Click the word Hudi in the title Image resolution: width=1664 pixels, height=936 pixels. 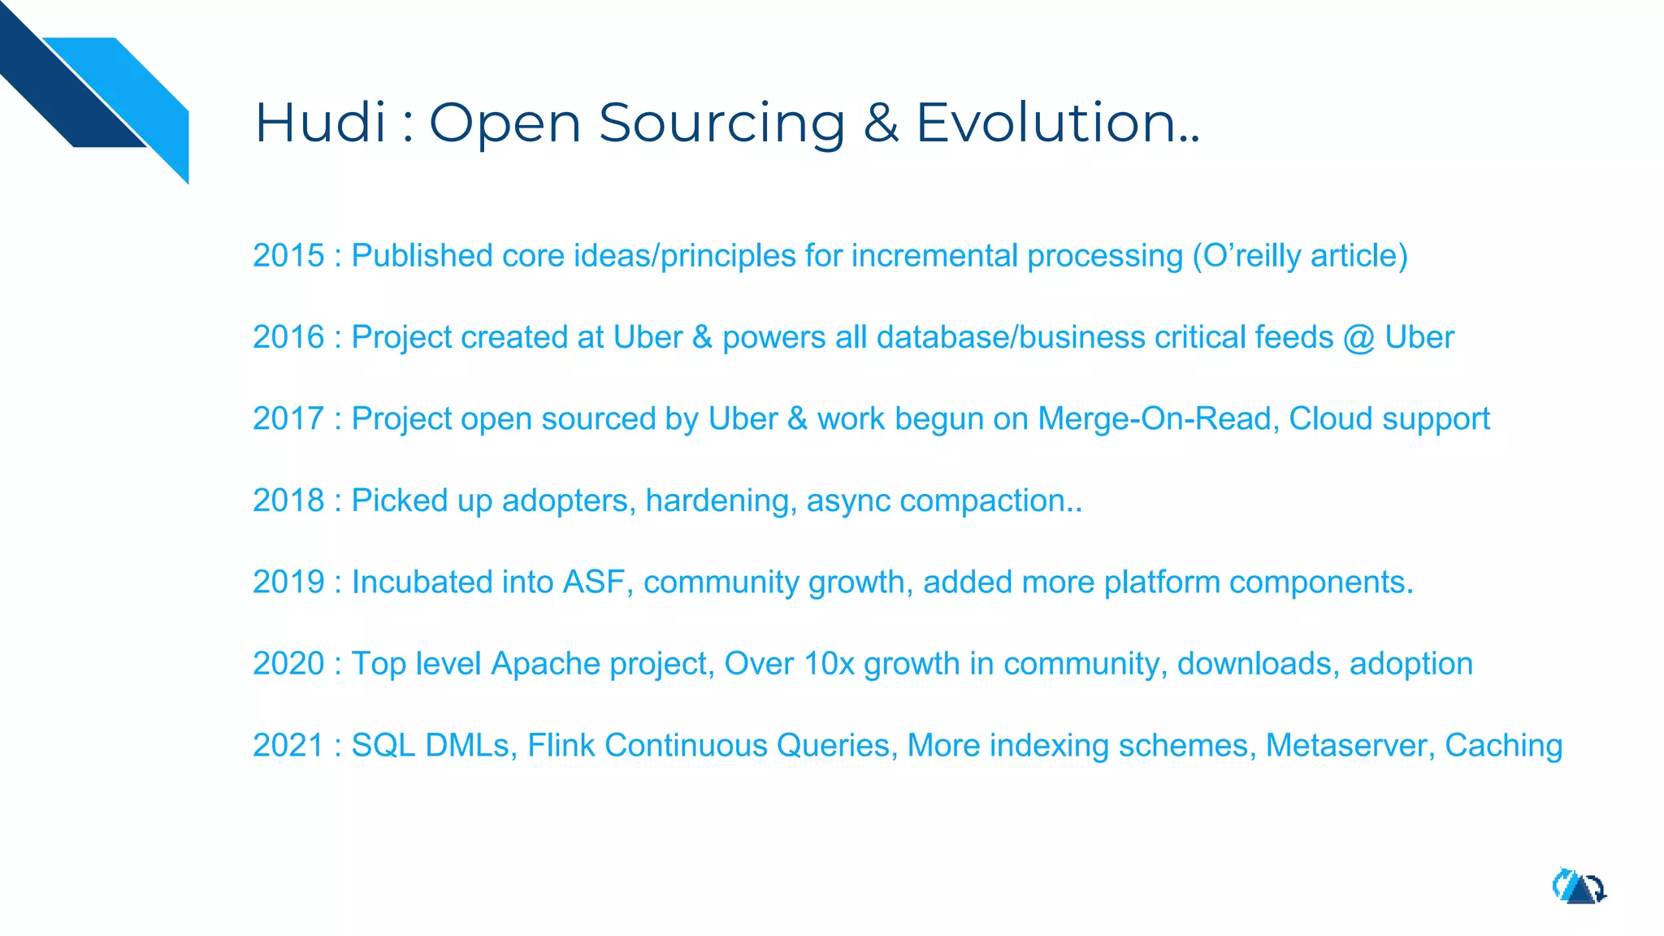tap(320, 123)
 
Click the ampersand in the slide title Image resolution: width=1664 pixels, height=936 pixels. tap(881, 123)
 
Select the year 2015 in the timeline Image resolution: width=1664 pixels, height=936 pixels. tap(288, 256)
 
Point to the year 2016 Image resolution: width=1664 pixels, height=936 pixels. tap(288, 337)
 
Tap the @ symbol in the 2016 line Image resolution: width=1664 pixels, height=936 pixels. tap(1358, 338)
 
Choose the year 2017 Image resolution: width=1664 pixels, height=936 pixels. tap(288, 419)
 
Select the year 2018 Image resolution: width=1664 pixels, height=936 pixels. tap(288, 500)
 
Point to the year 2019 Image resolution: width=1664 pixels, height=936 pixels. tap(288, 583)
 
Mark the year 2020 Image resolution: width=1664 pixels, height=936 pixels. tap(288, 664)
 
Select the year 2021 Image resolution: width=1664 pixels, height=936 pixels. tap(288, 746)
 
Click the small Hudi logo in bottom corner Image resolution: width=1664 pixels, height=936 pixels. tap(1579, 887)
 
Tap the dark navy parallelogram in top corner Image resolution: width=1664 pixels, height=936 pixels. tap(65, 89)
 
